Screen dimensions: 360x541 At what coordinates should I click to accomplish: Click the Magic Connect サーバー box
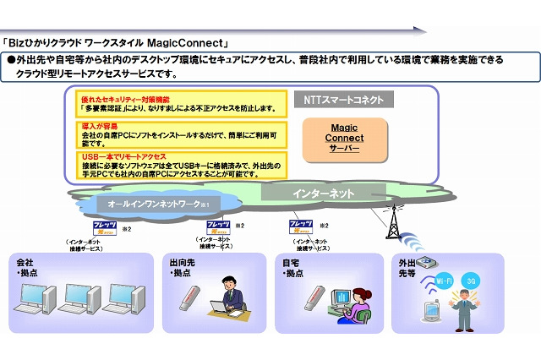(x=345, y=136)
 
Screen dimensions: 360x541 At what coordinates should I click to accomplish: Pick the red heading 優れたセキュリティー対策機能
(x=128, y=100)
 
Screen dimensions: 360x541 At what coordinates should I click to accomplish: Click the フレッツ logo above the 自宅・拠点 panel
(x=301, y=226)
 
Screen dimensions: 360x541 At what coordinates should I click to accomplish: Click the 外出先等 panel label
(x=405, y=267)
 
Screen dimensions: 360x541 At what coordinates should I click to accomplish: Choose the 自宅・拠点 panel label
(x=293, y=269)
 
